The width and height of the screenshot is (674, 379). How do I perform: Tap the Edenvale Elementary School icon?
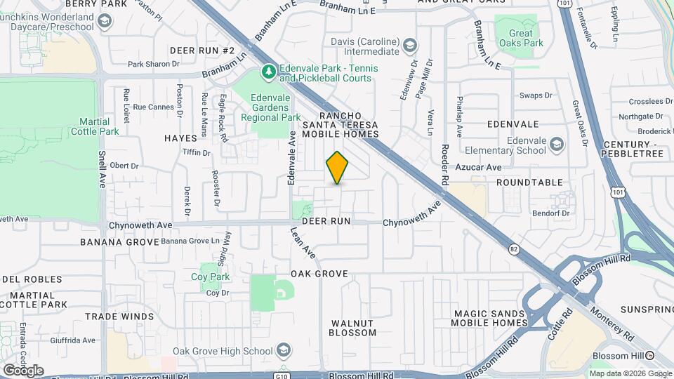click(557, 145)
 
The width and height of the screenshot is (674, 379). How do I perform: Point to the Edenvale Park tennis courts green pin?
click(267, 72)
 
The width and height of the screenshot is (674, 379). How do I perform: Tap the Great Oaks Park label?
click(520, 39)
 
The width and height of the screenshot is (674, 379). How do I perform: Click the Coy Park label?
click(211, 277)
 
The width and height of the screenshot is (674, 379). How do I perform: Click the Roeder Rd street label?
click(444, 165)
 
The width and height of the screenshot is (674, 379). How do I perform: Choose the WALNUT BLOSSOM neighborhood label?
click(352, 328)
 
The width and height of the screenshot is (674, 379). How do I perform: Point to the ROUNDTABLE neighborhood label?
click(530, 182)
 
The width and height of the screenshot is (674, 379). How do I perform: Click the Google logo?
click(23, 370)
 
